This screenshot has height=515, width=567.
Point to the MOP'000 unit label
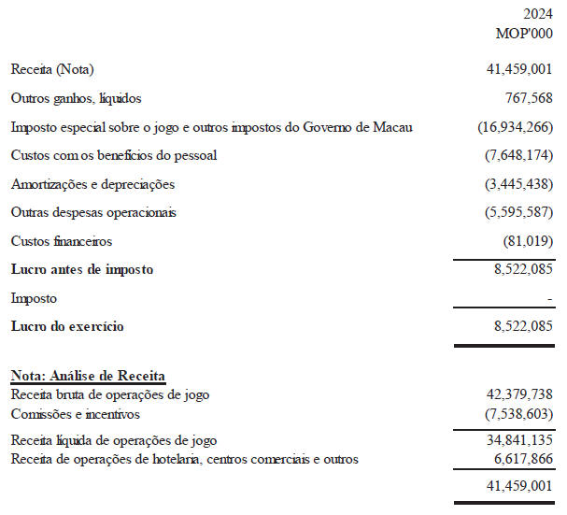[525, 33]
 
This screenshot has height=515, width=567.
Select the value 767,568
[527, 98]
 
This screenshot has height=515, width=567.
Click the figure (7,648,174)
[519, 155]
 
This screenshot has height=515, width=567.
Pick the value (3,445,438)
[519, 184]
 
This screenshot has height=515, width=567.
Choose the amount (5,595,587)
[519, 212]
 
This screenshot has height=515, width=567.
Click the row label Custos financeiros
[62, 241]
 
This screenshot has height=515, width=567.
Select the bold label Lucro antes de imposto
[82, 269]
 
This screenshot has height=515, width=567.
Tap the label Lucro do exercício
[67, 326]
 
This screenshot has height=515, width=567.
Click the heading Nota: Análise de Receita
[88, 376]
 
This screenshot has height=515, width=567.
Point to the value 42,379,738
[515, 394]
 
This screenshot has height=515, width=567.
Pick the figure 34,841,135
[515, 439]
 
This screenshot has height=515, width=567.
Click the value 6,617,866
[518, 459]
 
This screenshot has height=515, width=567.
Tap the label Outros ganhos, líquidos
[76, 98]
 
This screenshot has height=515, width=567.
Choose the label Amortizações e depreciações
[92, 184]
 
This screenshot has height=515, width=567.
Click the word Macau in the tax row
[393, 127]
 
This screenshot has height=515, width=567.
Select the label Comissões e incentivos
[77, 413]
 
